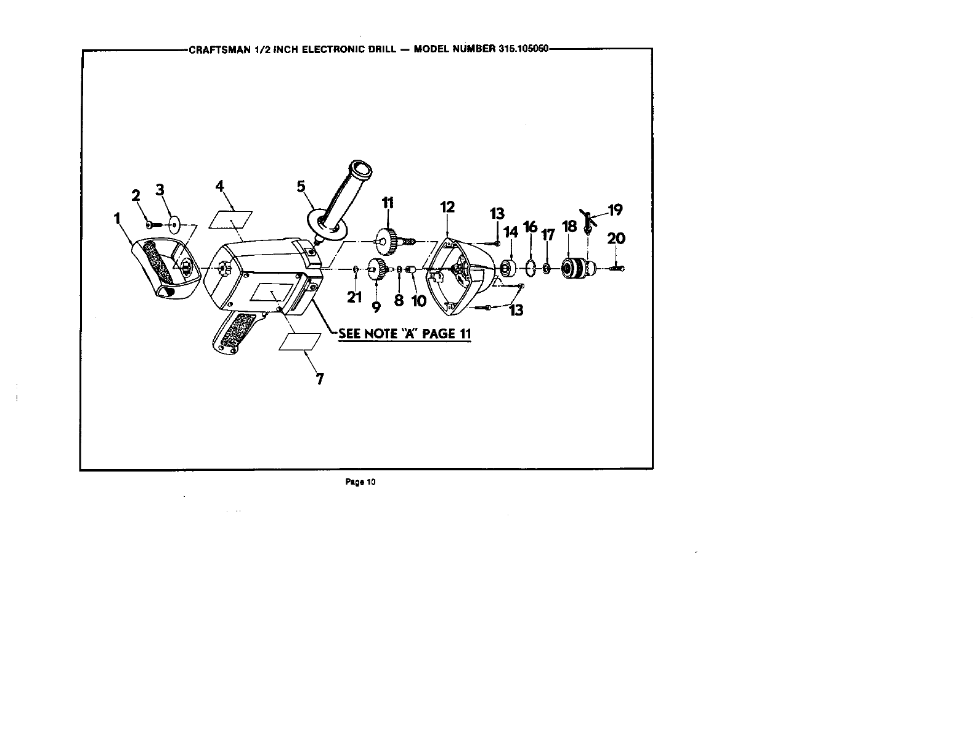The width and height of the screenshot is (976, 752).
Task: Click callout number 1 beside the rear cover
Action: tap(117, 218)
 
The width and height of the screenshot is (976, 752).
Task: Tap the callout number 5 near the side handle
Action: tap(301, 186)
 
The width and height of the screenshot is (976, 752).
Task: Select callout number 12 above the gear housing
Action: tap(447, 207)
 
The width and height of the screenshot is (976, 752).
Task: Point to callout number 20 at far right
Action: tap(616, 238)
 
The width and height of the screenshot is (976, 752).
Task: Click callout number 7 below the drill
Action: tap(320, 378)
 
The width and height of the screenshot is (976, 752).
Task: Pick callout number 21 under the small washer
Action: tap(354, 297)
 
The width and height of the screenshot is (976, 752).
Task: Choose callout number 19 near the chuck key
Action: tap(616, 210)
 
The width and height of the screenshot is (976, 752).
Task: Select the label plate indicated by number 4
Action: tap(231, 219)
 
